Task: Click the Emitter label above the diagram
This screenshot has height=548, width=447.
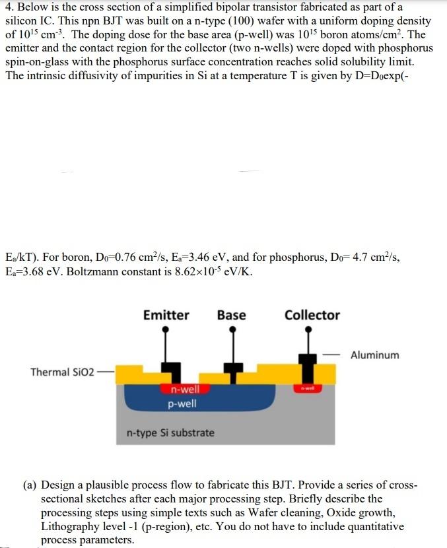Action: [x=166, y=315]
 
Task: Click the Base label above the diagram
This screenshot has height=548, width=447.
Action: [x=231, y=315]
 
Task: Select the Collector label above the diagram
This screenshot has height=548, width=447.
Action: [x=312, y=315]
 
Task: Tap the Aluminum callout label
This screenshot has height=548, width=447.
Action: [x=374, y=355]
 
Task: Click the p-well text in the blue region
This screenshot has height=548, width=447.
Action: [x=182, y=403]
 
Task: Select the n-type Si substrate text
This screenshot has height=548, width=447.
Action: [x=170, y=433]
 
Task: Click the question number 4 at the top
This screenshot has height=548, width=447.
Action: [x=8, y=7]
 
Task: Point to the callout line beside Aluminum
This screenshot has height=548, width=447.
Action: [x=332, y=355]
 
